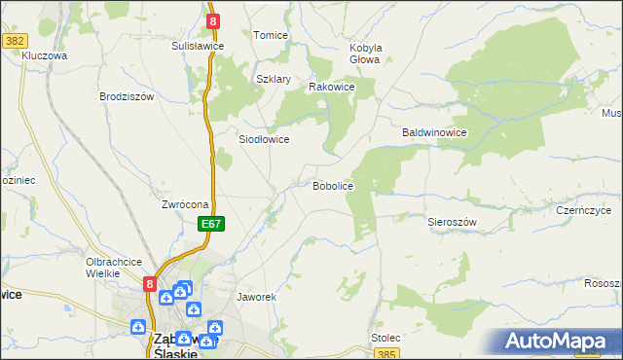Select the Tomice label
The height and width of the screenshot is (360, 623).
(271, 35)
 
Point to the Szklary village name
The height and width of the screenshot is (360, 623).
(274, 80)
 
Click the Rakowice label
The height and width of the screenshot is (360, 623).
(331, 87)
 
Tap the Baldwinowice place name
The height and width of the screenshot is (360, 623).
(436, 132)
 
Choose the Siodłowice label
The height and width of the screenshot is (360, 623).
(264, 139)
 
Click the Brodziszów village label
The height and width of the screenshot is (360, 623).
(128, 96)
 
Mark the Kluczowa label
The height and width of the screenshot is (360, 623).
(44, 55)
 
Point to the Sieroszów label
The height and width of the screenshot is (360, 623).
(452, 222)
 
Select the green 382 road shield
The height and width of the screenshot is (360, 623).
(14, 40)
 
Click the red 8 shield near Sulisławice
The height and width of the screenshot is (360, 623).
(212, 19)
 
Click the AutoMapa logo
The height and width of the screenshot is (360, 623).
(558, 342)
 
